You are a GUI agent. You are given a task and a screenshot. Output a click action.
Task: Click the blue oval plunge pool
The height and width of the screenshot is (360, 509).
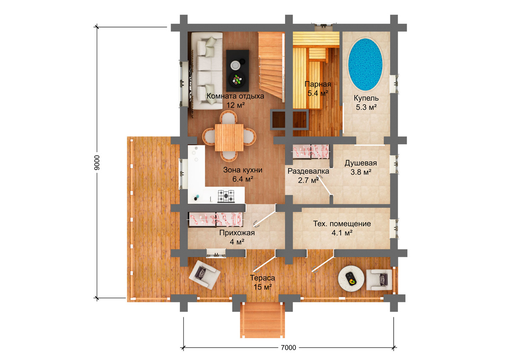(366, 64)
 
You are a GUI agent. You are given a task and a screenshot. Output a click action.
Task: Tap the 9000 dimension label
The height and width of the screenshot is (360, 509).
(97, 163)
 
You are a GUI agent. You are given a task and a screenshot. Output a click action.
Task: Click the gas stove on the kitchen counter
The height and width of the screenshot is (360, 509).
(226, 196)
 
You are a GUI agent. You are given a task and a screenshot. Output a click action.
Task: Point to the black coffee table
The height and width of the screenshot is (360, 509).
(238, 71)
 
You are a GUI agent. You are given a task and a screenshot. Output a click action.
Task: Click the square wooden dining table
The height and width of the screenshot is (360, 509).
(229, 138)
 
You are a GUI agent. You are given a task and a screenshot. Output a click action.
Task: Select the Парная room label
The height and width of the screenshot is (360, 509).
(318, 84)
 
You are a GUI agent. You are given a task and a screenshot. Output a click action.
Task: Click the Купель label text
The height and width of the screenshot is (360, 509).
(366, 98)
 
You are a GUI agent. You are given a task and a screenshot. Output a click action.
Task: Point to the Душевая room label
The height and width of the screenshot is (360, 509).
(361, 163)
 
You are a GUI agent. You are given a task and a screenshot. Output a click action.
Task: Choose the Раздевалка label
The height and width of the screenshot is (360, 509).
(308, 171)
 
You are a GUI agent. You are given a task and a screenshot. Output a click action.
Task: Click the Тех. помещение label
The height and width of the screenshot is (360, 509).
(342, 224)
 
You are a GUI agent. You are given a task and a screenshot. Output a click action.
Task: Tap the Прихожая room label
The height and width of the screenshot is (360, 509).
(237, 233)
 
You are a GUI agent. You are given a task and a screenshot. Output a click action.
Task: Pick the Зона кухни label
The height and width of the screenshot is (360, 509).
(243, 170)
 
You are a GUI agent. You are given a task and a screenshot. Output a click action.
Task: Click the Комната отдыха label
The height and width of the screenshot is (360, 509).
(235, 96)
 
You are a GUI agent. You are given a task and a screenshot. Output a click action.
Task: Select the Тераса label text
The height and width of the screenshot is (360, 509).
(263, 278)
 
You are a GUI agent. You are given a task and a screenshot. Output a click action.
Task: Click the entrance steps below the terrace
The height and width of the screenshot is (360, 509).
(263, 320)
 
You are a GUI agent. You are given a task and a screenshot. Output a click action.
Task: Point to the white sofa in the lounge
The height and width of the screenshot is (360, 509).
(206, 71)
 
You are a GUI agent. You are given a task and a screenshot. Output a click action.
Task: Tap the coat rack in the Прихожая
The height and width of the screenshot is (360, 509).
(215, 220)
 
